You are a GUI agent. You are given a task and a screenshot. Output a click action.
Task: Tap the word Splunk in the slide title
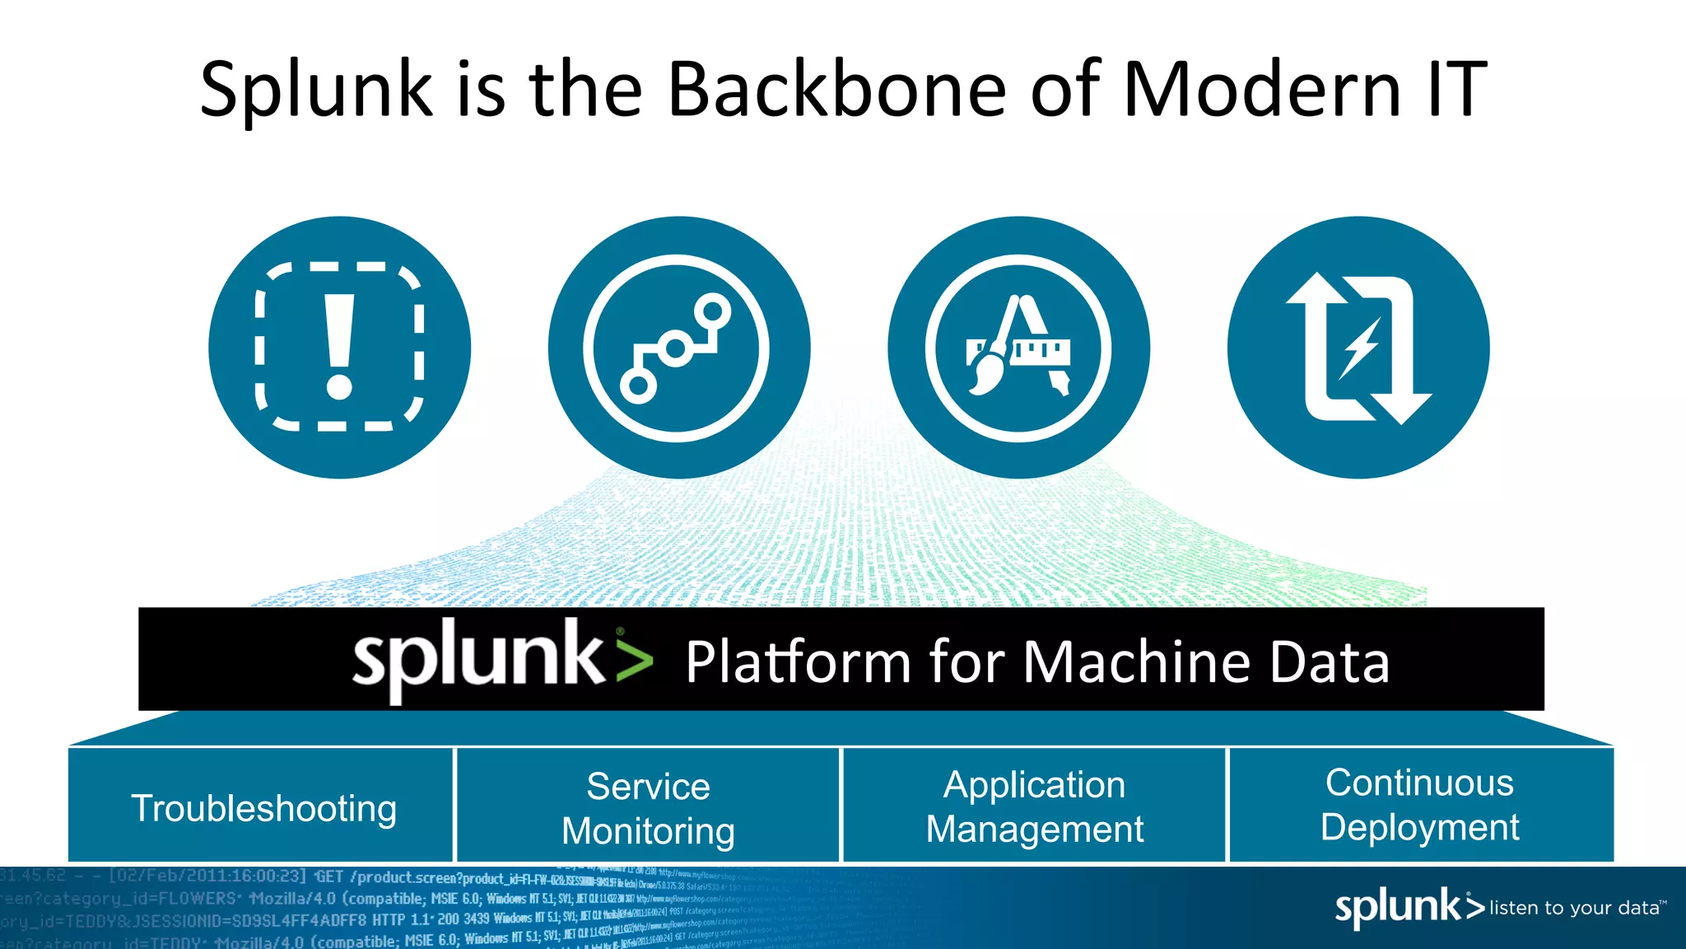point(316,91)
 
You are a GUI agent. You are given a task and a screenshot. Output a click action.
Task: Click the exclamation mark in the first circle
point(339,347)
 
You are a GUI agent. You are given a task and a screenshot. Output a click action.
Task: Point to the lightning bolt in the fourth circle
point(1359,348)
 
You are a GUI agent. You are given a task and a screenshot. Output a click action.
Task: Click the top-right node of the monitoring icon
point(712,311)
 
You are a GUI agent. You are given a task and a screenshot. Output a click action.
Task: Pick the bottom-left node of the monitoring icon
point(638,385)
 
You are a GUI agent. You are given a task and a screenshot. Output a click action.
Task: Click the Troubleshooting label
point(263,808)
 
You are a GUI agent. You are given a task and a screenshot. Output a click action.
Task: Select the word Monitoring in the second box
point(648,830)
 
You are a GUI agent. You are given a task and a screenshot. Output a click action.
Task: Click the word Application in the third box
point(1034,785)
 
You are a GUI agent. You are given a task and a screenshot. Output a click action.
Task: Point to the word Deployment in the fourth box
point(1419,827)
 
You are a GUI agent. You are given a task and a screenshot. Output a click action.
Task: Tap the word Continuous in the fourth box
point(1419,783)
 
